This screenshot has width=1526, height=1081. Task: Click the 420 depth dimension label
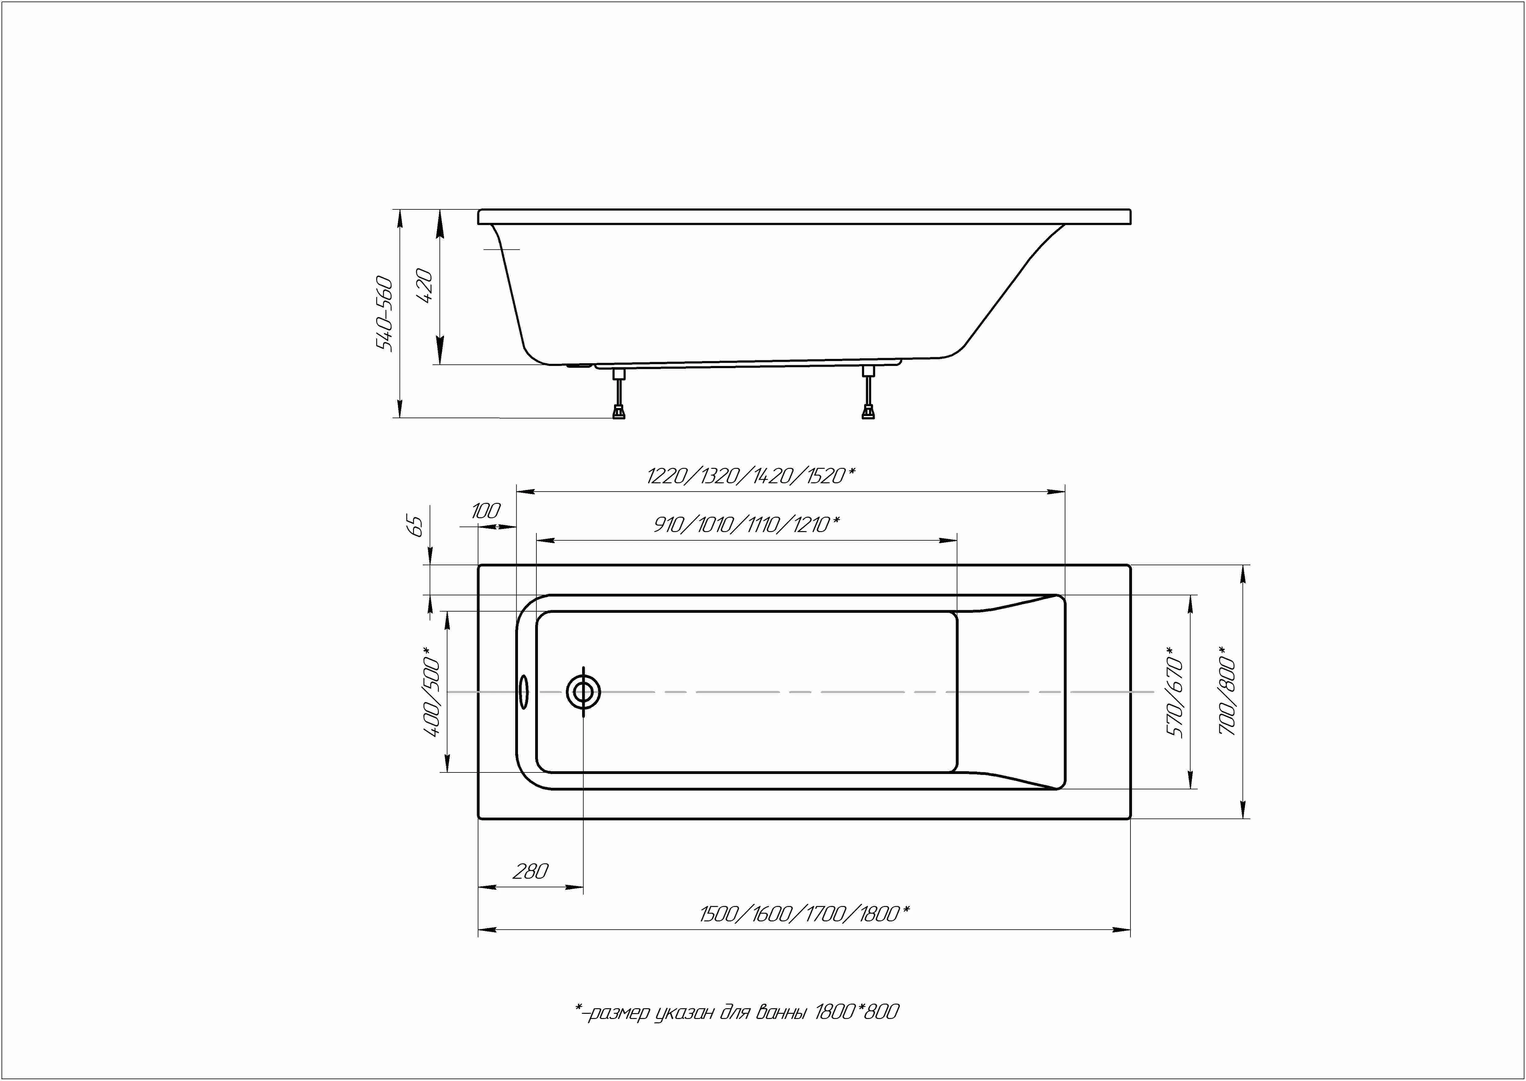pyautogui.click(x=424, y=286)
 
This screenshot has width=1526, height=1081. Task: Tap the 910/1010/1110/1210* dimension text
pyautogui.click(x=746, y=524)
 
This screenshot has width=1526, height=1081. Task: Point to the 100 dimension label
pyautogui.click(x=486, y=511)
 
